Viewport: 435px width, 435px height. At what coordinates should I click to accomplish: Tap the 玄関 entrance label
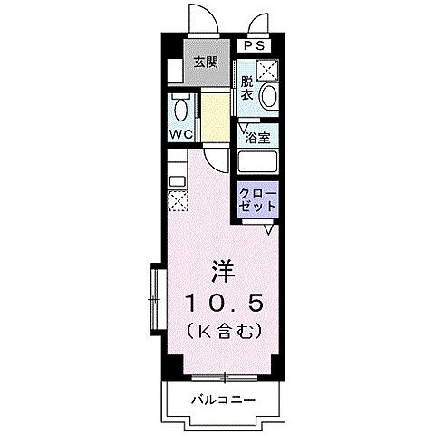click(x=205, y=63)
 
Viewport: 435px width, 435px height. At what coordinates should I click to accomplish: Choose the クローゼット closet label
click(x=257, y=199)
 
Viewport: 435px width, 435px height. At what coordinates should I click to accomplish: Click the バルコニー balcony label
click(x=223, y=399)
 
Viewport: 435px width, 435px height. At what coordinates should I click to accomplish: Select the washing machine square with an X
click(x=267, y=69)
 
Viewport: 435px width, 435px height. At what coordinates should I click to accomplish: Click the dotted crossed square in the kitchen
click(x=178, y=201)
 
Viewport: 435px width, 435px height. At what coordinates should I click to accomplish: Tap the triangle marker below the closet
click(x=269, y=229)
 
